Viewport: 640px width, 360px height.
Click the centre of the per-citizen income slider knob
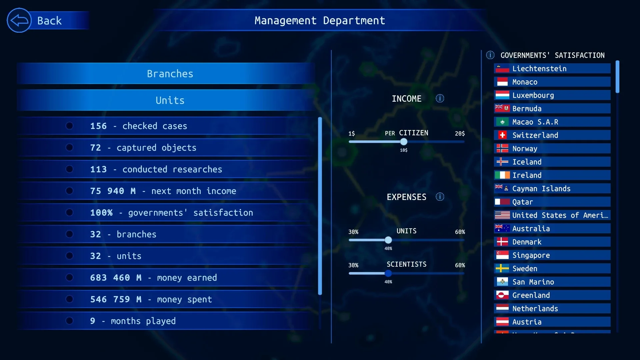[x=404, y=142]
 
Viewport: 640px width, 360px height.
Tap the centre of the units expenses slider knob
[x=388, y=240]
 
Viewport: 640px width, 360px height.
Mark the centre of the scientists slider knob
[x=388, y=273]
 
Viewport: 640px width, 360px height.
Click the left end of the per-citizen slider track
[x=349, y=142]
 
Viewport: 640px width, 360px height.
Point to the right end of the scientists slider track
[x=464, y=273]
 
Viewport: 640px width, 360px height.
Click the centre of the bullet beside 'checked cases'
[x=69, y=126]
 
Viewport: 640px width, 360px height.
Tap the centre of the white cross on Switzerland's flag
[x=502, y=135]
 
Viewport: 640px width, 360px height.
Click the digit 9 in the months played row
[x=93, y=321]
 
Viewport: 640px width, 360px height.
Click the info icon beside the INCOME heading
[x=440, y=98]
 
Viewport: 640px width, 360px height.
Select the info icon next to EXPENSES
[x=440, y=197]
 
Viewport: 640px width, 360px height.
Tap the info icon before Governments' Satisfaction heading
[x=490, y=55]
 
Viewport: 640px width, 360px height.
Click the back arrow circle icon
[x=19, y=20]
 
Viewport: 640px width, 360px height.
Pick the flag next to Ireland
[x=502, y=175]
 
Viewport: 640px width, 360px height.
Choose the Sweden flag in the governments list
[x=502, y=268]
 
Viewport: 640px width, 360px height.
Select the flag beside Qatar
[x=502, y=202]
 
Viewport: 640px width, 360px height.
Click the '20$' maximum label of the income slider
[x=460, y=133]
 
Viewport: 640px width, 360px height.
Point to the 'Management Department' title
[x=320, y=21]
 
